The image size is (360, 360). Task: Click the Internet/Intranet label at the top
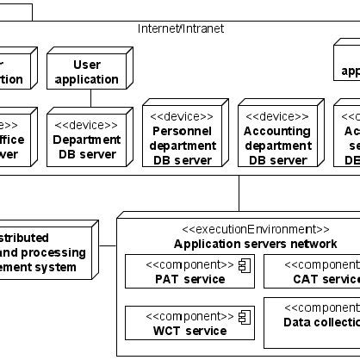pyautogui.click(x=181, y=28)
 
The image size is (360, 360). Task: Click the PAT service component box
pyautogui.click(x=189, y=271)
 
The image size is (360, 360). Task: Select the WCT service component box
pyautogui.click(x=189, y=323)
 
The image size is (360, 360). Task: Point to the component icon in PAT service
pyautogui.click(x=244, y=265)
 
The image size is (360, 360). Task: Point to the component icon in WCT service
pyautogui.click(x=244, y=317)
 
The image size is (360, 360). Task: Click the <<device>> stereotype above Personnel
pyautogui.click(x=182, y=116)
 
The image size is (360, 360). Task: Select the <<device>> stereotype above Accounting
pyautogui.click(x=277, y=116)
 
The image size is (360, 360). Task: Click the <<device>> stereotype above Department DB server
pyautogui.click(x=86, y=124)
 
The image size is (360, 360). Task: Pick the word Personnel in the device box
pyautogui.click(x=182, y=131)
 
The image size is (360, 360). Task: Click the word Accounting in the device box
pyautogui.click(x=277, y=131)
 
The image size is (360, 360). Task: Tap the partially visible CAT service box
pyautogui.click(x=312, y=271)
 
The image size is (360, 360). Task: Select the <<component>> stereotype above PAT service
pyautogui.click(x=189, y=264)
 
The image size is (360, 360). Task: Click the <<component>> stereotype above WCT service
pyautogui.click(x=189, y=316)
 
